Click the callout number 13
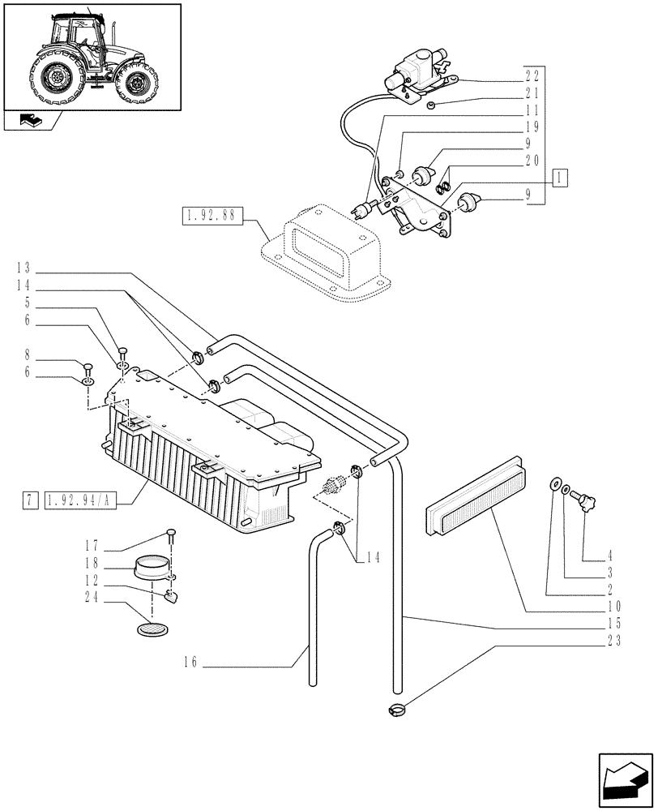[22, 267]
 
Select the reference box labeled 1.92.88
[208, 216]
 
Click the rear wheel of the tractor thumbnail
[57, 79]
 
